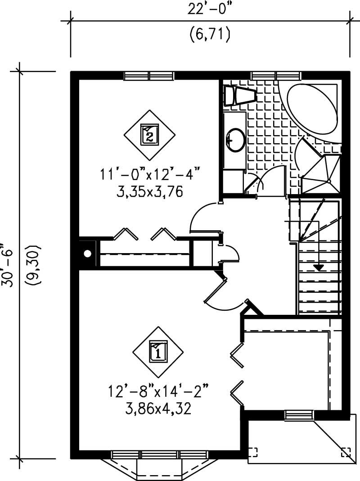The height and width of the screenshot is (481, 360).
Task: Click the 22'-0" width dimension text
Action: pos(209,10)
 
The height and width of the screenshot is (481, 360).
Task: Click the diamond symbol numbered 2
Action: pos(149,134)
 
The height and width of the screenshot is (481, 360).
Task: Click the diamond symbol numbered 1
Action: pos(158,351)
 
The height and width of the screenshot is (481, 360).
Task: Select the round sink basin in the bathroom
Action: pos(236,138)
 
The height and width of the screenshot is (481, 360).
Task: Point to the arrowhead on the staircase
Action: pos(319,267)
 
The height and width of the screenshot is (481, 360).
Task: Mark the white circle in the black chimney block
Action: pos(88,254)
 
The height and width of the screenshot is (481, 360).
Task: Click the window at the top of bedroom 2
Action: pos(148,75)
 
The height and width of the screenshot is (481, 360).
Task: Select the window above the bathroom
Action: pos(275,75)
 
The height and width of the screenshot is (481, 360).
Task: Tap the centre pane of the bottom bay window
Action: pos(159,455)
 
